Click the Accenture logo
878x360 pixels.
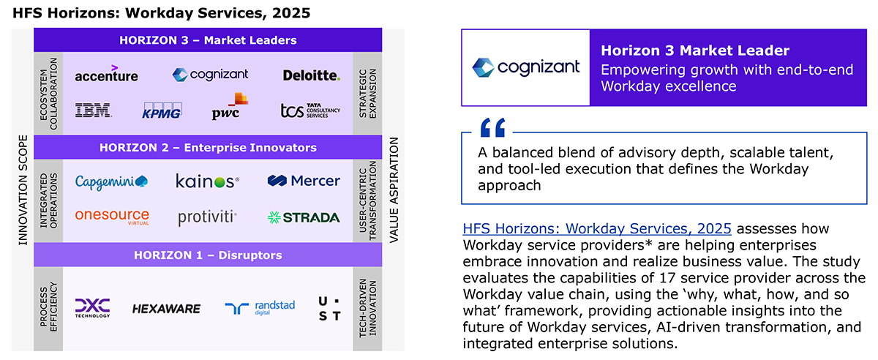(x=106, y=73)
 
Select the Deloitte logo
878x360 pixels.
(x=312, y=75)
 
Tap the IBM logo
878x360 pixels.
(x=94, y=110)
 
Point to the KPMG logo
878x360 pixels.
(x=162, y=110)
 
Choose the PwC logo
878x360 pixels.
(x=230, y=106)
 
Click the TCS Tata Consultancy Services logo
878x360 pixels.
(x=310, y=110)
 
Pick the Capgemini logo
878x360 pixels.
(x=111, y=182)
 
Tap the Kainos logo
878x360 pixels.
(x=207, y=181)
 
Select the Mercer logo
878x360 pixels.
(x=304, y=181)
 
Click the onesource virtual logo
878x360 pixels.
(x=112, y=217)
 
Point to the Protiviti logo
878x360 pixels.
(x=207, y=217)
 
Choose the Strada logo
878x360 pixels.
(x=304, y=217)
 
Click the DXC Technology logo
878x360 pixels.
(x=92, y=308)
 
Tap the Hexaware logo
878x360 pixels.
(x=166, y=309)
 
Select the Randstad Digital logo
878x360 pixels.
(x=260, y=308)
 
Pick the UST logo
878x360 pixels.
(x=330, y=309)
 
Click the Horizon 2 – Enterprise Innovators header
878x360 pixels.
(x=208, y=148)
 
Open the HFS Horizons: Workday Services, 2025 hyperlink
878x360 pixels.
(x=597, y=228)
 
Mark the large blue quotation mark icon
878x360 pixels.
(x=493, y=127)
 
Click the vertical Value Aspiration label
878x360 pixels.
(x=394, y=190)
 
